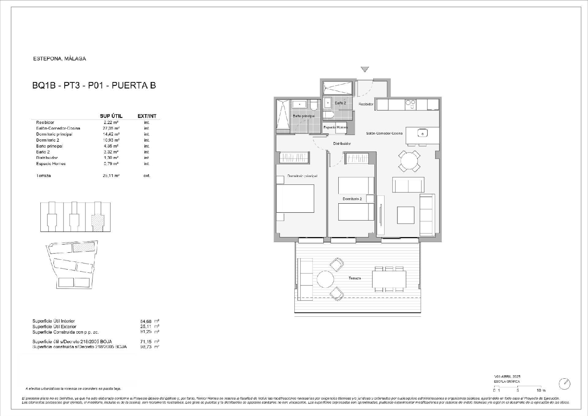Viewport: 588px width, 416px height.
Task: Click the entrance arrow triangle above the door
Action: [x=365, y=69]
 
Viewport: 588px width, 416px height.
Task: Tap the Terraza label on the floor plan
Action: [x=354, y=278]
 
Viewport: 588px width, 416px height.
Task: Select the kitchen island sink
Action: [x=423, y=133]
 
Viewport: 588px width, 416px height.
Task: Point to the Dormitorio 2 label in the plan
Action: [x=352, y=199]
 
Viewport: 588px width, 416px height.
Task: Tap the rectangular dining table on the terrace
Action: [x=389, y=279]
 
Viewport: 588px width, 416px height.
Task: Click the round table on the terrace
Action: [x=325, y=279]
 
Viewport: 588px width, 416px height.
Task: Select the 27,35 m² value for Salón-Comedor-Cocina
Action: [x=111, y=128]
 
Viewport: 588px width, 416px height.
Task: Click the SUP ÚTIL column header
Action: [x=111, y=116]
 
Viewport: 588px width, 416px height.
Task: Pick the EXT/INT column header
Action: [x=147, y=116]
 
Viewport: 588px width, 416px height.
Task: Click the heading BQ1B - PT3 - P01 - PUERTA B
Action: [x=94, y=86]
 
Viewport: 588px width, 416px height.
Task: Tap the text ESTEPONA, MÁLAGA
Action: [x=60, y=59]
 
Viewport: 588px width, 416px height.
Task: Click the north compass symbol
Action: [x=564, y=383]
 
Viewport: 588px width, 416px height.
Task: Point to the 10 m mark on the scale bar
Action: [x=541, y=390]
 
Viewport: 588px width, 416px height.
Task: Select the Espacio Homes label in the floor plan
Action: [x=335, y=127]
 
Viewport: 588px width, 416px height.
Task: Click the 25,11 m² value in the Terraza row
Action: [x=111, y=176]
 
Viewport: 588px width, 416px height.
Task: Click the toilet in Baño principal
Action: [x=313, y=106]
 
